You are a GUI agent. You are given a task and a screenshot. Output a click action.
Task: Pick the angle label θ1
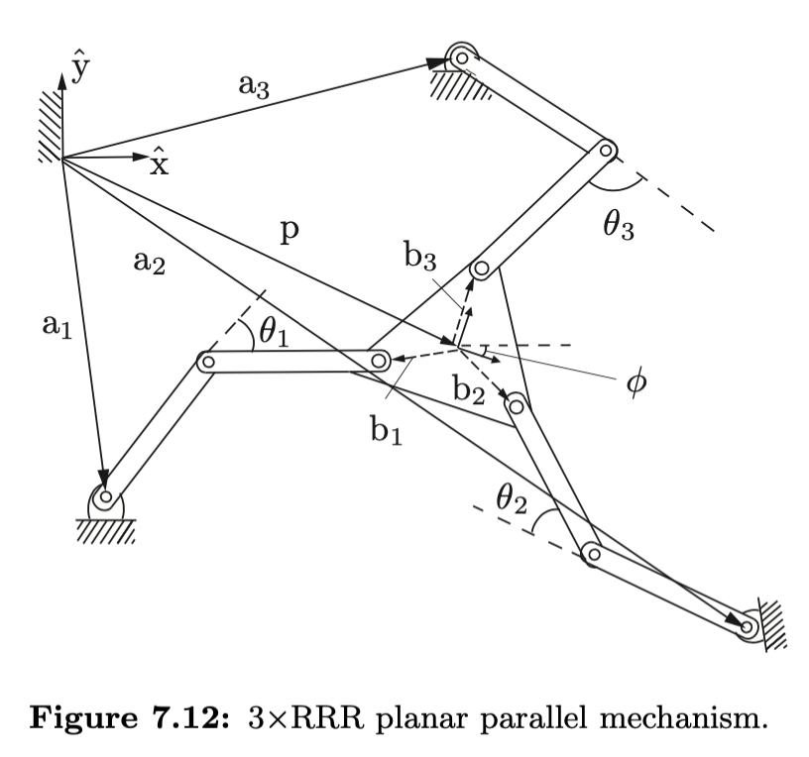pyautogui.click(x=273, y=333)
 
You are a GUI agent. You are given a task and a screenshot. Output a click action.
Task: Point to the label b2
pyautogui.click(x=468, y=389)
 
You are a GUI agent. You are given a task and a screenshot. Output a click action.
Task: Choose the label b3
pyautogui.click(x=419, y=258)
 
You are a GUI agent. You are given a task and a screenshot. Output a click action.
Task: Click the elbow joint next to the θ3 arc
pyautogui.click(x=606, y=151)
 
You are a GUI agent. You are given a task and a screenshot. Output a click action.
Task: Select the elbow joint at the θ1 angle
pyautogui.click(x=206, y=363)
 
